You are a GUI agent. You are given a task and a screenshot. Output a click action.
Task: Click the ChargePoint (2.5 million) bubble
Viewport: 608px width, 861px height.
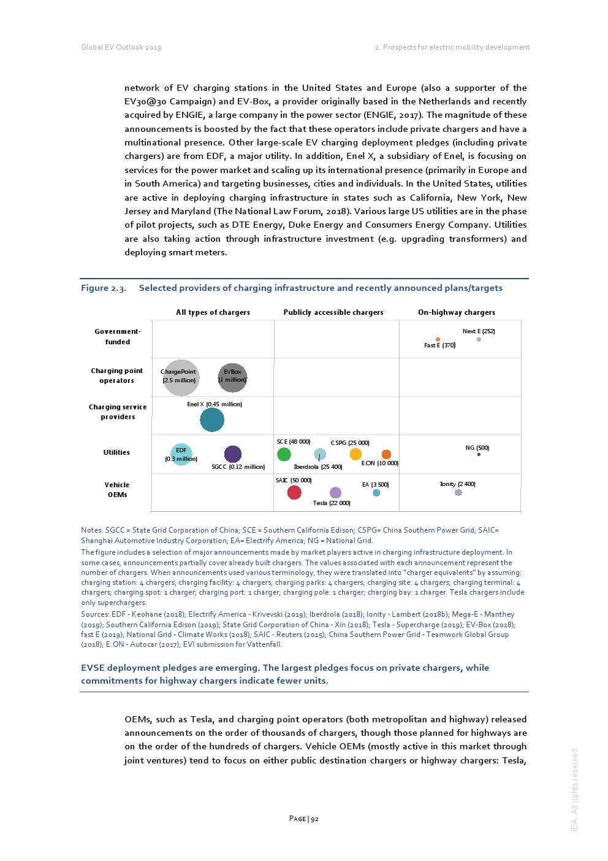pyautogui.click(x=181, y=378)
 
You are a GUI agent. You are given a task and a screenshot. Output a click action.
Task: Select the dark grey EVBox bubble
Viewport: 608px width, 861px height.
pyautogui.click(x=233, y=377)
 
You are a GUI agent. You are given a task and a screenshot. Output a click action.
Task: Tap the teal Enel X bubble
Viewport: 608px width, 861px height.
pyautogui.click(x=212, y=420)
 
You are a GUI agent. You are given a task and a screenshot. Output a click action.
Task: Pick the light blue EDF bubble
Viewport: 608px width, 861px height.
pyautogui.click(x=181, y=454)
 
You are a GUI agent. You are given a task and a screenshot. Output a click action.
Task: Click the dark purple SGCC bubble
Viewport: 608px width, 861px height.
pyautogui.click(x=233, y=454)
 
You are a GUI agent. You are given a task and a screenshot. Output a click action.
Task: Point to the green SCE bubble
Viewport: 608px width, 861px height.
pyautogui.click(x=284, y=454)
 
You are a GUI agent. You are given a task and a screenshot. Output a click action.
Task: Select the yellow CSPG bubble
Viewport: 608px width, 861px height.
pyautogui.click(x=355, y=454)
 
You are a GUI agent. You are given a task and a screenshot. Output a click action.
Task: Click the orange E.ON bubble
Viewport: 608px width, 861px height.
pyautogui.click(x=386, y=454)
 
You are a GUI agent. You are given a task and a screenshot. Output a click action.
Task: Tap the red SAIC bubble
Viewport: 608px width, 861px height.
pyautogui.click(x=294, y=492)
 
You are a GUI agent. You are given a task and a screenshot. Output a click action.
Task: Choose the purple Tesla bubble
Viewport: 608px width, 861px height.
pyautogui.click(x=335, y=493)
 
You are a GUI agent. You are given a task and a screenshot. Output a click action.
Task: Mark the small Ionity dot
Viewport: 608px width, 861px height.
pyautogui.click(x=458, y=492)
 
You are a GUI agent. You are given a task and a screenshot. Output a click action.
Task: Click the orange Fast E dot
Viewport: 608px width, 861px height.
pyautogui.click(x=438, y=339)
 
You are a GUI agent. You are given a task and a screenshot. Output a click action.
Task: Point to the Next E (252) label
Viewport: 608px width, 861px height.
pyautogui.click(x=479, y=331)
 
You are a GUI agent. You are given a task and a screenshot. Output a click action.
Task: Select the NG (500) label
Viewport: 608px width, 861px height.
pyautogui.click(x=477, y=448)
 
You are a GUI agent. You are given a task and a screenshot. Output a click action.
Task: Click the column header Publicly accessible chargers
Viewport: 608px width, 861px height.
pyautogui.click(x=333, y=312)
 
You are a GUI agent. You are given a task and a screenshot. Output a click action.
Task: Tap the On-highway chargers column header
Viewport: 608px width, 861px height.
pyautogui.click(x=457, y=312)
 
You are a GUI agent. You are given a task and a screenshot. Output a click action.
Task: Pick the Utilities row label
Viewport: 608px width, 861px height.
pyautogui.click(x=116, y=452)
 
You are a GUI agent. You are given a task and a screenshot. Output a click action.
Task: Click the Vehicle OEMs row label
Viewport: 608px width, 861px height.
pyautogui.click(x=117, y=490)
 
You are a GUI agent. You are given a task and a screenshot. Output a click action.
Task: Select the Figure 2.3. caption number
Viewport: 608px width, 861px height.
pyautogui.click(x=104, y=288)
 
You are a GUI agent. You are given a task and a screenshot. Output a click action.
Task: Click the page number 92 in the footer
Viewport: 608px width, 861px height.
pyautogui.click(x=314, y=819)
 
